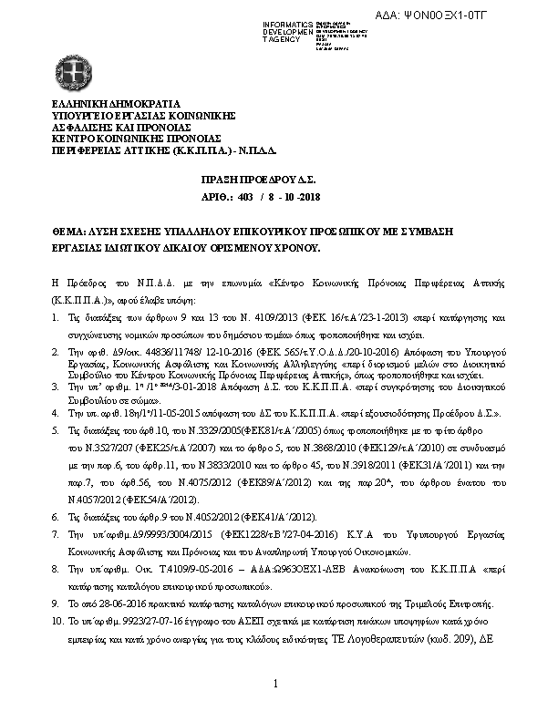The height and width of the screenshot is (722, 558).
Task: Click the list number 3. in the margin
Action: tap(57, 387)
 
